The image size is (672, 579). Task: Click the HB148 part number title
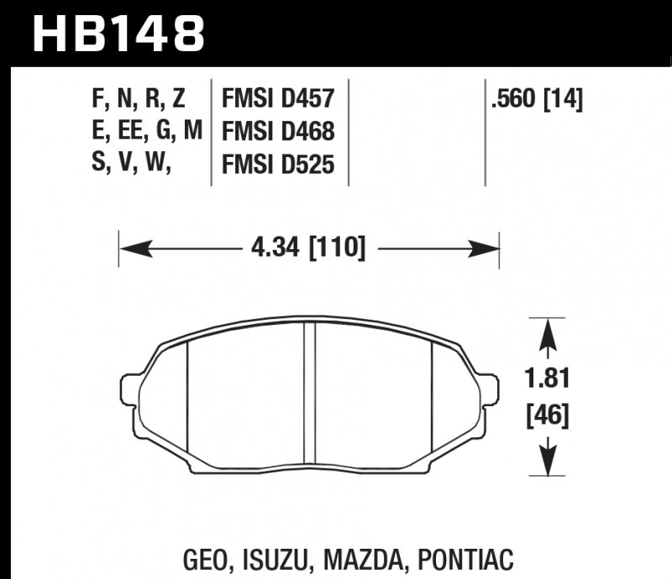[x=118, y=34]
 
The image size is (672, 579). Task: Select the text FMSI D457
[x=277, y=101]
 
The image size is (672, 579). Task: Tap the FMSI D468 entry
[x=277, y=133]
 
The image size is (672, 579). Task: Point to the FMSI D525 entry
[x=277, y=165]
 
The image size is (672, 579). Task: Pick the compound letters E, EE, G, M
[x=144, y=133]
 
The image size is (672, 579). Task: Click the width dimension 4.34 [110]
[x=307, y=248]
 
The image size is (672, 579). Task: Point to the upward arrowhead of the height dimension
[x=549, y=331]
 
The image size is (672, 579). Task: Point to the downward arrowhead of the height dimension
[x=549, y=461]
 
